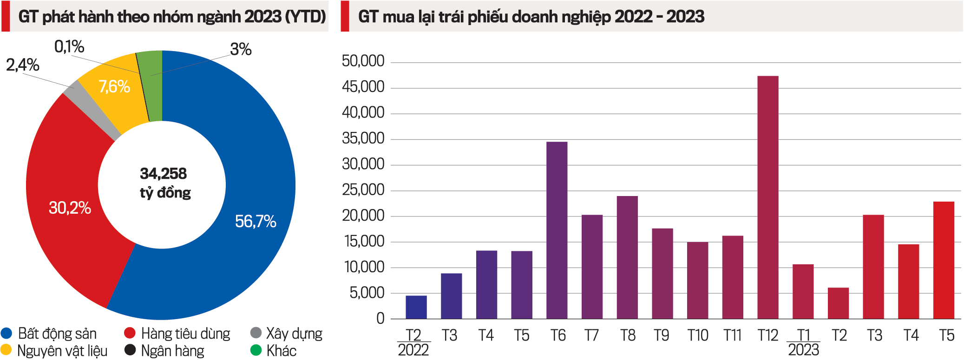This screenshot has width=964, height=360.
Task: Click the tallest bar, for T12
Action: point(767,197)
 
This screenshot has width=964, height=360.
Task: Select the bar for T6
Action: point(557,230)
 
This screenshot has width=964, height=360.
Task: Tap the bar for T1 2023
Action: point(803,292)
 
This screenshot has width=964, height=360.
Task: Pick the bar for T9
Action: point(662,273)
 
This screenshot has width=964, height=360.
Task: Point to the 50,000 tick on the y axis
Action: point(363,61)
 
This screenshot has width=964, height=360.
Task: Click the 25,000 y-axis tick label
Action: point(363,190)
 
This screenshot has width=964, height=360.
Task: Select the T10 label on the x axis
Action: point(697,335)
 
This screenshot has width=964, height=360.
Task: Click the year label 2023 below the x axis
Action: point(803,350)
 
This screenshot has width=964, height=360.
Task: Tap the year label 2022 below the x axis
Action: point(413,350)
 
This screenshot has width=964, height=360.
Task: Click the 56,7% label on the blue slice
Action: point(256,222)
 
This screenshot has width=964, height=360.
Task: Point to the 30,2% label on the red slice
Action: point(70,208)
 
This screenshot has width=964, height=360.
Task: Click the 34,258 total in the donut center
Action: point(163,174)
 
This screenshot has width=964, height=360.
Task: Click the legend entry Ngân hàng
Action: point(172,351)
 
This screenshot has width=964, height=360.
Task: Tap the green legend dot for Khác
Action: point(256,350)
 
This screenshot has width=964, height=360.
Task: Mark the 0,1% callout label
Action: point(69,46)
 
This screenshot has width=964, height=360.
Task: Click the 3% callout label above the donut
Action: point(241,49)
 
